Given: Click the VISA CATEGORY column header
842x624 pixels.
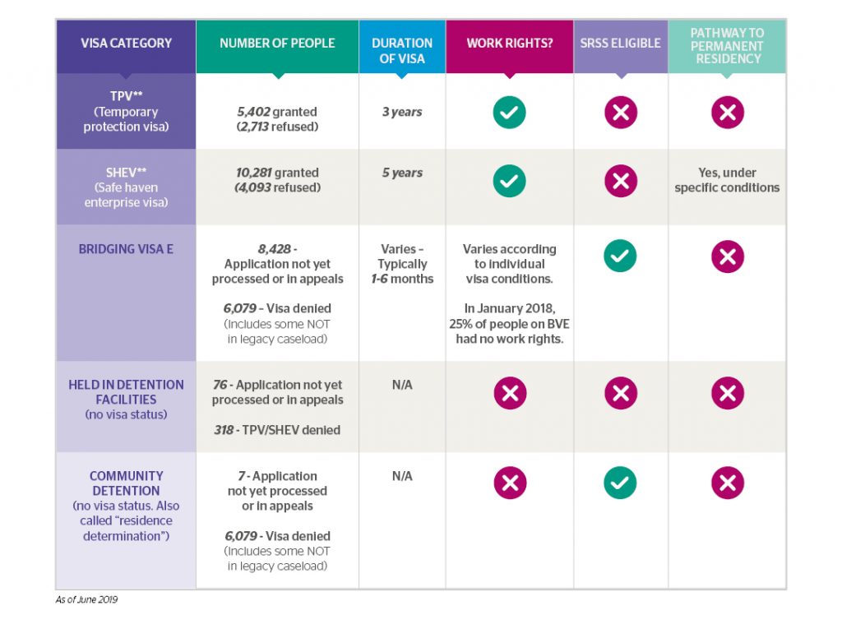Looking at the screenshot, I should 126,44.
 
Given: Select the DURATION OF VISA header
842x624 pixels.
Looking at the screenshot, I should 402,49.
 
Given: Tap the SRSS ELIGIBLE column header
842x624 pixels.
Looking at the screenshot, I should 621,43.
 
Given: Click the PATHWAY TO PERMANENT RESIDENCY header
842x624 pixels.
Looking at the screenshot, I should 727,46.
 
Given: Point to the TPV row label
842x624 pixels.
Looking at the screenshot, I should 126,111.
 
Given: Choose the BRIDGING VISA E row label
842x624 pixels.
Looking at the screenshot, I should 126,248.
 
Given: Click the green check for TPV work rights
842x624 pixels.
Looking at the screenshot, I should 509,112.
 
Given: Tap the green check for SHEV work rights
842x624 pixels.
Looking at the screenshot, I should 509,181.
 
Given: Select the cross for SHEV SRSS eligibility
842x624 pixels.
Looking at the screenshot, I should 621,181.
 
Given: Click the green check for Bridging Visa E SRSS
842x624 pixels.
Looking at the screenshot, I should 620,257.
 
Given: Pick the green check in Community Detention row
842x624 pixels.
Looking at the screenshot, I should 620,483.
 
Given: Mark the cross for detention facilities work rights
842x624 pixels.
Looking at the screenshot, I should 510,394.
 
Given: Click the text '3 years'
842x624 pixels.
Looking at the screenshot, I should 402,112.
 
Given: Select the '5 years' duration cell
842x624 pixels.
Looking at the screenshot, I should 402,173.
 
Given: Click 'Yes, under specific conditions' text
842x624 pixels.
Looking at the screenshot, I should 727,180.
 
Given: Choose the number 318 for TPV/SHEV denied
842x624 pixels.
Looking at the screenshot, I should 224,429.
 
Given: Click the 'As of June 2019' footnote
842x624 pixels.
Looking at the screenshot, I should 86,599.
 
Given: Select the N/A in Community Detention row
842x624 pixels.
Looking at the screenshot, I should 402,476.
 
